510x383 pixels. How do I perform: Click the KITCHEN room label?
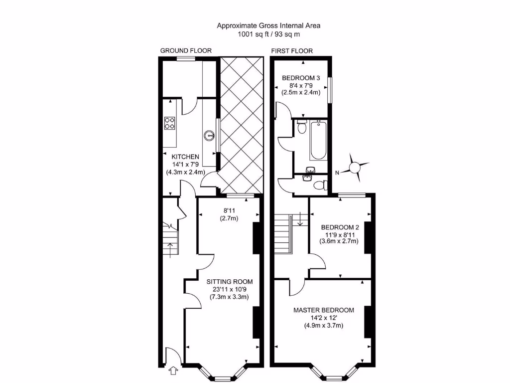tap(185, 157)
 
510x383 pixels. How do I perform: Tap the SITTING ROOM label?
tap(230, 281)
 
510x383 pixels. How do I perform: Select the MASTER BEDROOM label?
tap(324, 310)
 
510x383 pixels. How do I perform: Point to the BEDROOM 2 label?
tap(340, 225)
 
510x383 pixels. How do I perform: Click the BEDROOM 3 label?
tap(301, 78)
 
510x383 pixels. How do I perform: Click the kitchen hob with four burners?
tap(170, 123)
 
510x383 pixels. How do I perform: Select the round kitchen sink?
tap(210, 135)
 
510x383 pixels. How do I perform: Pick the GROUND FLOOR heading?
tap(186, 51)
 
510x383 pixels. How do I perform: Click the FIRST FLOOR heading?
tap(291, 51)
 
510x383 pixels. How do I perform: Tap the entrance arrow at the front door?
tap(174, 371)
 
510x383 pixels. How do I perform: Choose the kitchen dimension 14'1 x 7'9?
tap(185, 165)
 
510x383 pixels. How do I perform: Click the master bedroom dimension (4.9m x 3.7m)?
tap(324, 326)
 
